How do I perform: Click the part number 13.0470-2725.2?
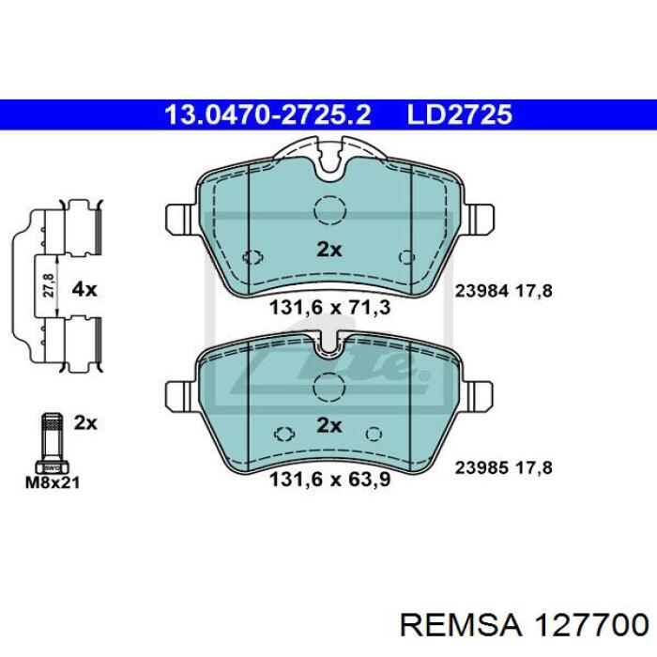point(267,115)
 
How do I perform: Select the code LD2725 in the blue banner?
point(460,115)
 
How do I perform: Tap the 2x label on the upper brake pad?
point(329,251)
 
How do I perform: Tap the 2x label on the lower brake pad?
point(329,426)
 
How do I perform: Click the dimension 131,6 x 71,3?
point(329,308)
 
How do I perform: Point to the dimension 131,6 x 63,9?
point(329,480)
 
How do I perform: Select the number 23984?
point(481,290)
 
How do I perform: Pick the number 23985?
point(481,467)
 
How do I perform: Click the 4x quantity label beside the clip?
point(84,289)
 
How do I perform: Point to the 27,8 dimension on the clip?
point(49,285)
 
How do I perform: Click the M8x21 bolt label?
point(53,482)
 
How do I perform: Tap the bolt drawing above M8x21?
point(52,443)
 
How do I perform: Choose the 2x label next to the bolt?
point(85,423)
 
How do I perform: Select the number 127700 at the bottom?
point(590,626)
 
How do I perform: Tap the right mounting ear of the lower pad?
point(477,396)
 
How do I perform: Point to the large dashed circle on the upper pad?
point(330,210)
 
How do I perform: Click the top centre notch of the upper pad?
point(329,160)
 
